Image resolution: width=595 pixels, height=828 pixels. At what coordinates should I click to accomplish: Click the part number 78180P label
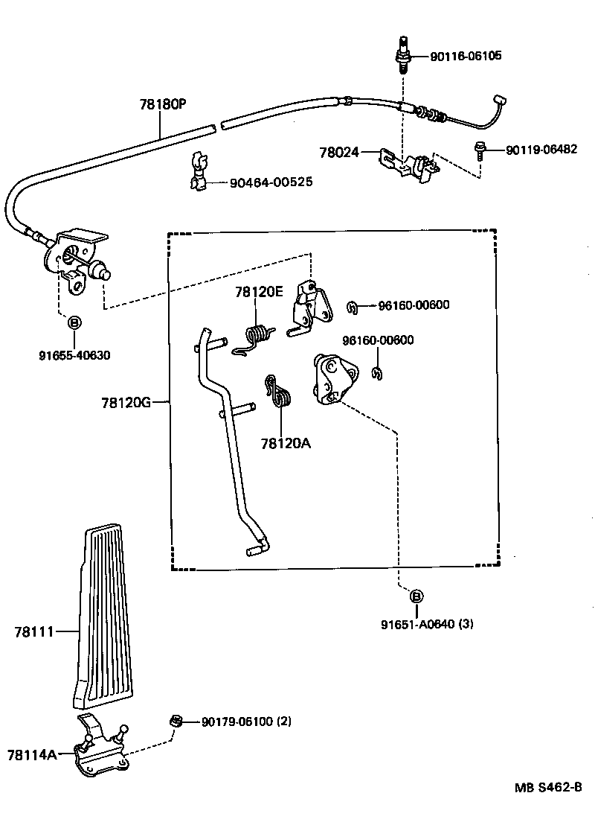[x=163, y=104]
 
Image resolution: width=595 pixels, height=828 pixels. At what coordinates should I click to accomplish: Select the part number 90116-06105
[x=466, y=55]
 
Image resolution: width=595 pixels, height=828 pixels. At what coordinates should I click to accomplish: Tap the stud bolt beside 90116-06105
[x=404, y=55]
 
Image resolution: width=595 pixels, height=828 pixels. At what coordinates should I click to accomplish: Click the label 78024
[x=339, y=152]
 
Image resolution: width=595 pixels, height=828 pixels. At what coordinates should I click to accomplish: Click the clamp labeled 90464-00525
[x=199, y=171]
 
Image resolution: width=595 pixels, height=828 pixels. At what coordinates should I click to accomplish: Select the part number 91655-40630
[x=74, y=355]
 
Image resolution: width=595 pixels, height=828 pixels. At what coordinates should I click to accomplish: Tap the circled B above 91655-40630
[x=75, y=322]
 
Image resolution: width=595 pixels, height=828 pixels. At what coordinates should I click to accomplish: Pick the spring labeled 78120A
[x=279, y=392]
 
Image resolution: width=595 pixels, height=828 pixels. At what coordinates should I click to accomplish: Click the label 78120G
[x=126, y=403]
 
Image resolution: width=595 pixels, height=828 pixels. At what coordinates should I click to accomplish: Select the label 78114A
[x=32, y=754]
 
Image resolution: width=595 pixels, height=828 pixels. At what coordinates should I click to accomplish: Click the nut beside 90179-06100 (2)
[x=175, y=720]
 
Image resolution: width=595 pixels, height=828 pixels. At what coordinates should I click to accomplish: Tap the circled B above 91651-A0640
[x=416, y=596]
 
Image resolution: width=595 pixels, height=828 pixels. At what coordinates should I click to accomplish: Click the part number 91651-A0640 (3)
[x=427, y=624]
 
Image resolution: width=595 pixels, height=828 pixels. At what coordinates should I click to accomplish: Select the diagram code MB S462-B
[x=549, y=787]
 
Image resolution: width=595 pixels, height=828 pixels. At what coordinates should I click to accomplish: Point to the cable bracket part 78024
[x=410, y=165]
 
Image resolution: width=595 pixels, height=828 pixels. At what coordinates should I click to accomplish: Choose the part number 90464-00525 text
[x=271, y=182]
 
